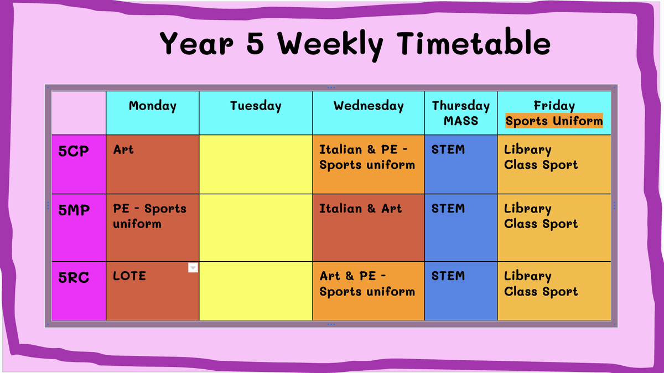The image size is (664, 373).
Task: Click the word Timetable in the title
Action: pos(474,44)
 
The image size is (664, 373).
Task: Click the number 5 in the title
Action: pos(255,44)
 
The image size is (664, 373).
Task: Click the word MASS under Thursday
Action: pos(461,121)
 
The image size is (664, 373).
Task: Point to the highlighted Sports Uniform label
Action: pos(554,121)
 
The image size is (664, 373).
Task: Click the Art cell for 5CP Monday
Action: pos(153,164)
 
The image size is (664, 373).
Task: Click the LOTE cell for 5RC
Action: pos(153,291)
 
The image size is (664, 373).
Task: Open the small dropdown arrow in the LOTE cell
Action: pos(193,268)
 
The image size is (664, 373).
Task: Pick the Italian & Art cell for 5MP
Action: pos(369,227)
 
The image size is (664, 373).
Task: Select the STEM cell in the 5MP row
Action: pos(461,227)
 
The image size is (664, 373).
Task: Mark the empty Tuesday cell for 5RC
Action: pos(256,291)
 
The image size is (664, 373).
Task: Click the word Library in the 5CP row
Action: pos(528,150)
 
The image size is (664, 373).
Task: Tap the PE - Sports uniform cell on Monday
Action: pos(153,227)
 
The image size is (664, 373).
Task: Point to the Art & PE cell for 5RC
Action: pos(369,291)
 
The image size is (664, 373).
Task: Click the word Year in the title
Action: pos(196,44)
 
